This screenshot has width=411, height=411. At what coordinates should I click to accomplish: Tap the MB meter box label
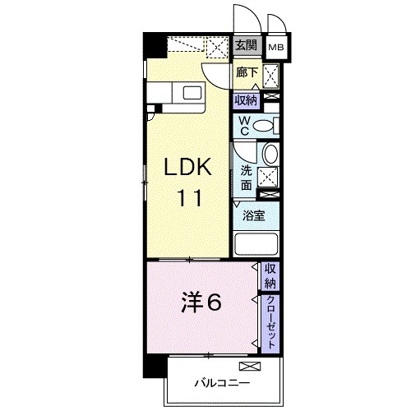pyautogui.click(x=277, y=48)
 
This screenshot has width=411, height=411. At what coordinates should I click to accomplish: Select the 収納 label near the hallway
pyautogui.click(x=245, y=100)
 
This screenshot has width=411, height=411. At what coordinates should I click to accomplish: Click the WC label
pyautogui.click(x=244, y=126)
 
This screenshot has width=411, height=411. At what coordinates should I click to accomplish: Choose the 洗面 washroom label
pyautogui.click(x=246, y=178)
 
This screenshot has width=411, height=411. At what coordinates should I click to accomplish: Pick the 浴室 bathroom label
pyautogui.click(x=253, y=217)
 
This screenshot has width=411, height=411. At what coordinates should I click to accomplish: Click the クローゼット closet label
pyautogui.click(x=270, y=323)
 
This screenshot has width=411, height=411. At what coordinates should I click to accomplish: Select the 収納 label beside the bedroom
pyautogui.click(x=270, y=275)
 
